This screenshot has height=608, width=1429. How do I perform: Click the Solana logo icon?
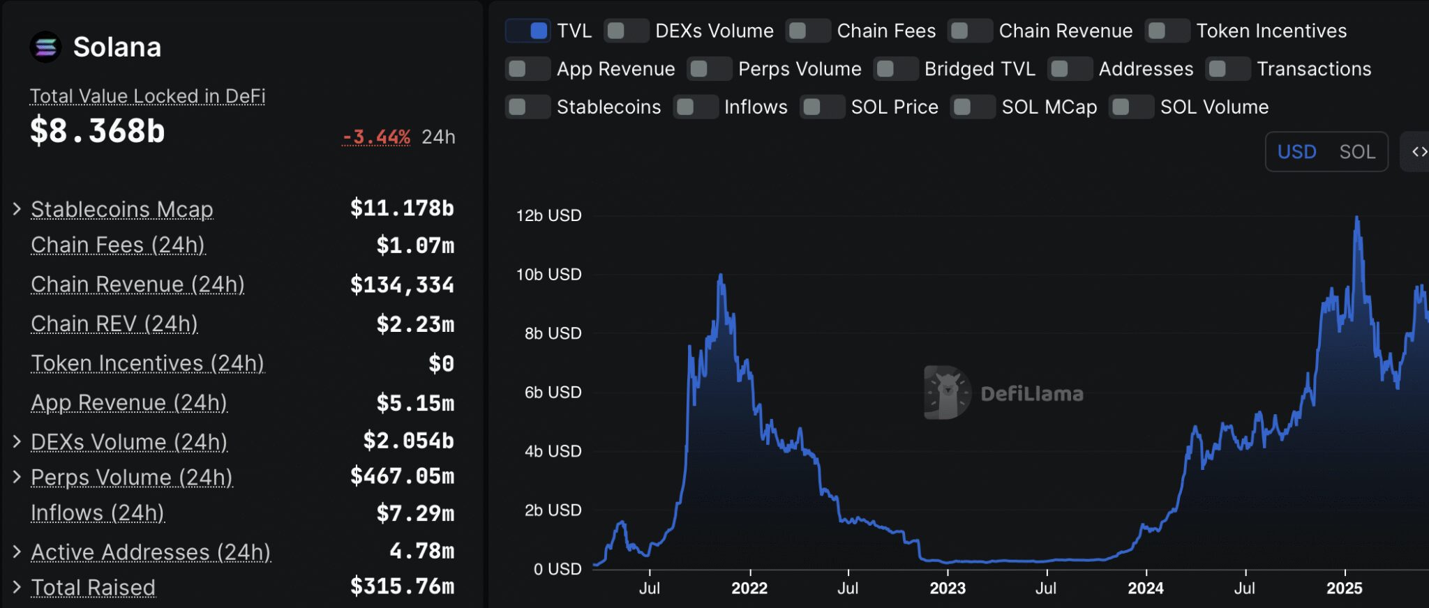pos(45,47)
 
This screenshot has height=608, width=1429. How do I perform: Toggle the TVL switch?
pos(528,31)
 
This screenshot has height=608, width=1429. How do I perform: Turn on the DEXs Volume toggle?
pos(626,31)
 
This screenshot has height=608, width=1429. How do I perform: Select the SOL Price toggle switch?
pos(822,107)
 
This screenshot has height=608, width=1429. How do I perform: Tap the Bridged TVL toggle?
pos(896,69)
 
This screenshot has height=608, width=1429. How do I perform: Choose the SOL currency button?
pos(1356,152)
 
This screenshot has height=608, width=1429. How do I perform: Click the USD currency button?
pos(1296,152)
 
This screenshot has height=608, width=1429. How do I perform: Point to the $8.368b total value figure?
pos(98,131)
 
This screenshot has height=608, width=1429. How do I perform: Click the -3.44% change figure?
pos(376,137)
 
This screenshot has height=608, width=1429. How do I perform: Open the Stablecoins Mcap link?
pos(122,209)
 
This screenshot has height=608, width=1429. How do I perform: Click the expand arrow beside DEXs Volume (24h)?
pos(17,441)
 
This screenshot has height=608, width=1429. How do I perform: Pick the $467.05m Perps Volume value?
pos(402,477)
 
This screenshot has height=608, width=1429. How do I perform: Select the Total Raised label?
pos(93,588)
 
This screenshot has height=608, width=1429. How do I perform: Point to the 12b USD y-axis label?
pos(548,215)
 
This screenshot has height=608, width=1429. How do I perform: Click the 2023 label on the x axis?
pos(948,588)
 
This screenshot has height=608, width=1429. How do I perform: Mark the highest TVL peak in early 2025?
pos(1356,218)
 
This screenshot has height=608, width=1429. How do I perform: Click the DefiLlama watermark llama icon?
pos(946,393)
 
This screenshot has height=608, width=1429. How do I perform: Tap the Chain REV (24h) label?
pos(114,324)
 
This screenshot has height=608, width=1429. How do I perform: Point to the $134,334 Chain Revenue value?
pos(402,285)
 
